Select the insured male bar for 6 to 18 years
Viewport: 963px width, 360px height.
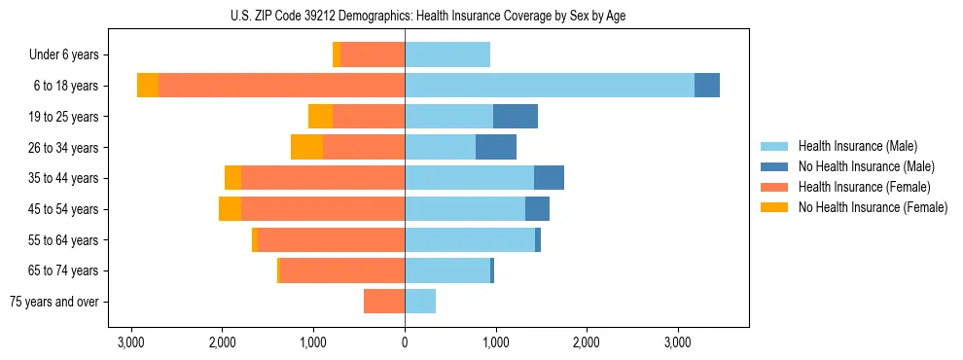549,86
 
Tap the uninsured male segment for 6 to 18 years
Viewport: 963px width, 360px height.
707,86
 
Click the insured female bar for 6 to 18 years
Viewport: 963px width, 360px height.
281,86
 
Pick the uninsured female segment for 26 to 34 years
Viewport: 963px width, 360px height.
306,147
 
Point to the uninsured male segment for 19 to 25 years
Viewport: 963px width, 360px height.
516,117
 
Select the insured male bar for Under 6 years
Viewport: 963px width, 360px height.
447,54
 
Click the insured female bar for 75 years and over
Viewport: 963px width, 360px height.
384,302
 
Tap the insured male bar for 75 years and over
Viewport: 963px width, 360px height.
420,302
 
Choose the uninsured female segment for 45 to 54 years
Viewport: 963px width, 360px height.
230,209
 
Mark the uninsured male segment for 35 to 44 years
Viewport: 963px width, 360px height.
549,178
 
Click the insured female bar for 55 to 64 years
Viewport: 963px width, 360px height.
331,240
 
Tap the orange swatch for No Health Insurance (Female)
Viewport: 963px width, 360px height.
775,207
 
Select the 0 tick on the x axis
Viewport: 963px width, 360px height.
405,342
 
